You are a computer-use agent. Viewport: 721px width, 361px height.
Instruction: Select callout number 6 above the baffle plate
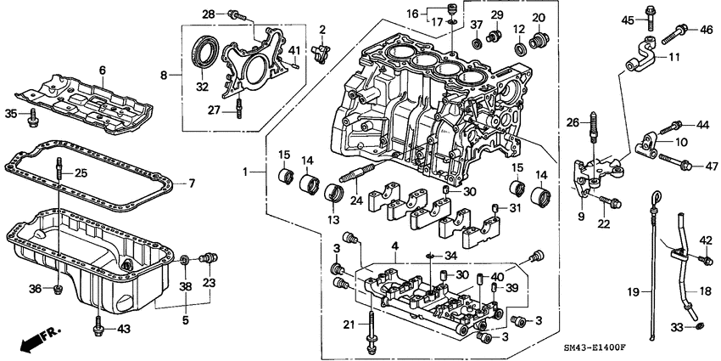point(102,70)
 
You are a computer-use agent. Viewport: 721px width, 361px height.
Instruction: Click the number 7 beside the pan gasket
point(192,183)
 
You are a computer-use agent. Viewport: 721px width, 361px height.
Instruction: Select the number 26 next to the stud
point(573,122)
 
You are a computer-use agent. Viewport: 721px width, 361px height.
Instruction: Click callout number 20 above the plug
point(539,18)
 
